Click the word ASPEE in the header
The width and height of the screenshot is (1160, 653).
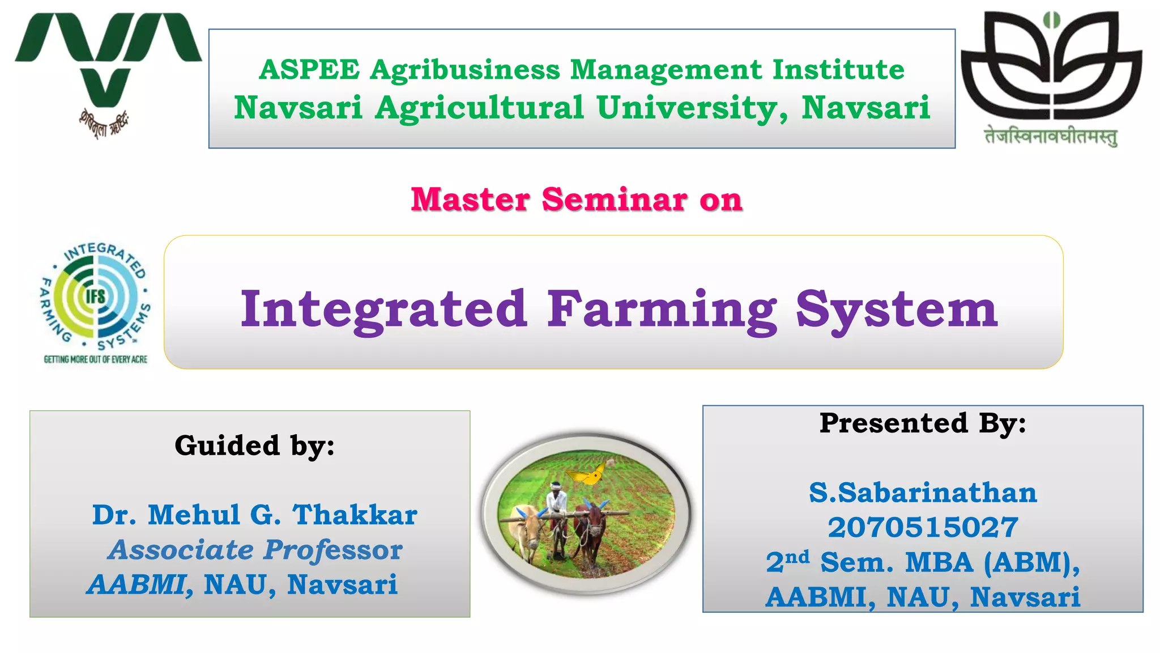(x=309, y=70)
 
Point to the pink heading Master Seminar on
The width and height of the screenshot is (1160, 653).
(x=576, y=200)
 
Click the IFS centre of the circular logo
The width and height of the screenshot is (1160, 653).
(x=95, y=296)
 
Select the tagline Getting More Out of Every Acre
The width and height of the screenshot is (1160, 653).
(x=95, y=359)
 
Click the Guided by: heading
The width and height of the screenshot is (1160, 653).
(x=254, y=446)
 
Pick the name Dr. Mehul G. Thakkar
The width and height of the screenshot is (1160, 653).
(x=254, y=515)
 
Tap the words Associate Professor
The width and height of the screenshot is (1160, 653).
(x=254, y=550)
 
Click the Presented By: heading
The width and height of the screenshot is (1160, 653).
(x=923, y=423)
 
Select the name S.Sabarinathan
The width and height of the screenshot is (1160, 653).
(x=923, y=492)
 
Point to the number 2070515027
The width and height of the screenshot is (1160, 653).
(x=923, y=527)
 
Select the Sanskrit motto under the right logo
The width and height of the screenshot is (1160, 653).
(x=1051, y=137)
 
